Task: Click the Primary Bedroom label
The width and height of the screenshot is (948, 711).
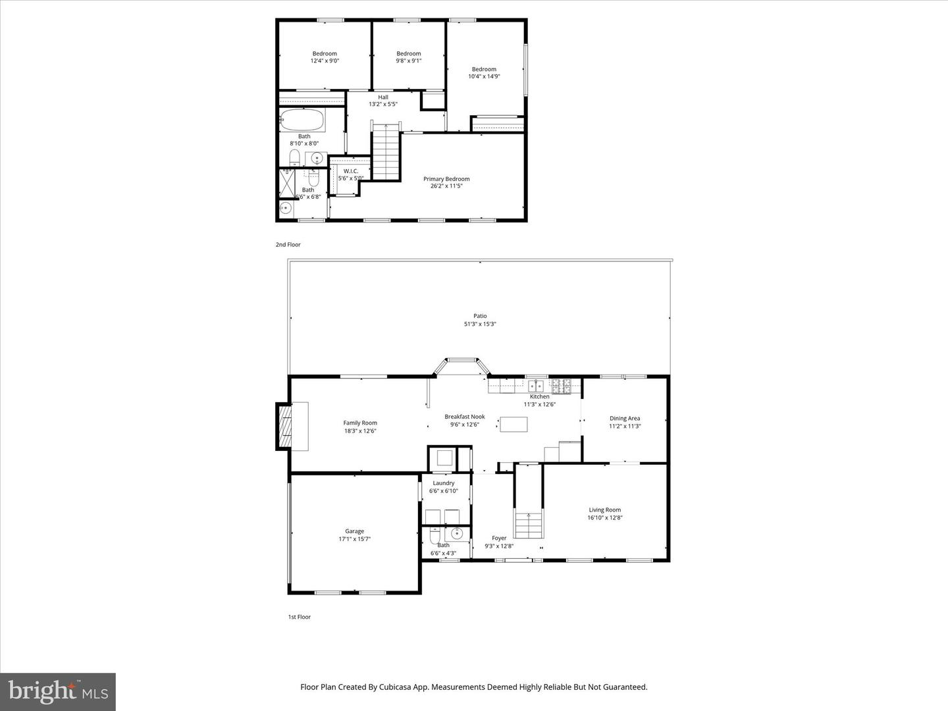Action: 446,179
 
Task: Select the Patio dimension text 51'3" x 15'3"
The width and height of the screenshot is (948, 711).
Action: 480,324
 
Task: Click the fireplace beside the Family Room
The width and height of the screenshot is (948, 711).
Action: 285,427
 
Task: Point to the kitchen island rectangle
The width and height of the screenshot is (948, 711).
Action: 513,424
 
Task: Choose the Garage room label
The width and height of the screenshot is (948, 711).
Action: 354,531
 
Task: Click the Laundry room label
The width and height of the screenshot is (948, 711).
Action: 444,483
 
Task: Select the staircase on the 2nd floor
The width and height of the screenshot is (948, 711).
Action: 386,153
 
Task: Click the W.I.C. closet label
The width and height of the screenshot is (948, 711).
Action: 351,171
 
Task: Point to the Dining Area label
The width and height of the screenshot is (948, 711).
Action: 625,418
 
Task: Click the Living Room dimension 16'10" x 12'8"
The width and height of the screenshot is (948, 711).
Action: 604,517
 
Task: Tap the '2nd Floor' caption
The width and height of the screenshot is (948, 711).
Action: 288,245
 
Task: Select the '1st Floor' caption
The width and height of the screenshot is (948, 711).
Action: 299,617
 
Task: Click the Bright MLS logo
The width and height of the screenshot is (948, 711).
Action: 58,691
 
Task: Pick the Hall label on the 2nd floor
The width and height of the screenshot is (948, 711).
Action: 383,97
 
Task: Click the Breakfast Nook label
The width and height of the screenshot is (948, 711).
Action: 464,417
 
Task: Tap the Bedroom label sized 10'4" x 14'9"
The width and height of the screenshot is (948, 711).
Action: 484,69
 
